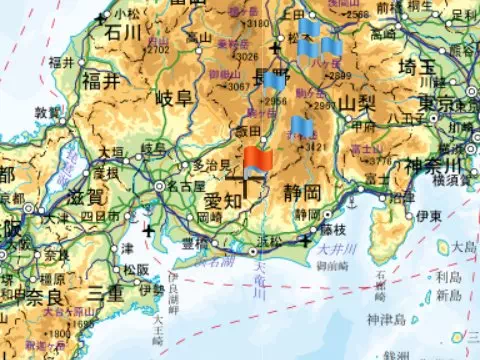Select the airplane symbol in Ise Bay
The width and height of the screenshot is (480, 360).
149,232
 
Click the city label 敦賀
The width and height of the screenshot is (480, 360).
48,113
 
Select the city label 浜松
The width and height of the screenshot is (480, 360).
269,241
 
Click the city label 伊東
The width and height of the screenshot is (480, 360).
430,216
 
